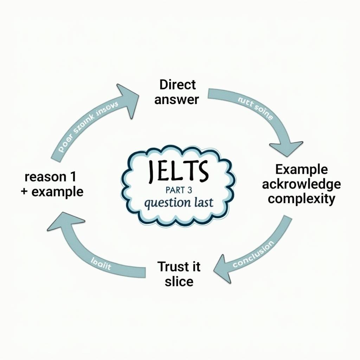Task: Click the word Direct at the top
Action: pyautogui.click(x=178, y=85)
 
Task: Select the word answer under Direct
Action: pyautogui.click(x=176, y=99)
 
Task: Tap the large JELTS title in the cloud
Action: pyautogui.click(x=178, y=171)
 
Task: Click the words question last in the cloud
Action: pyautogui.click(x=178, y=203)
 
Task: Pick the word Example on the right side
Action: pyautogui.click(x=301, y=169)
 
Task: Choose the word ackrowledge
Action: pyautogui.click(x=301, y=184)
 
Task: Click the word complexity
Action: pyautogui.click(x=301, y=199)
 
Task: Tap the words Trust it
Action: pyautogui.click(x=179, y=266)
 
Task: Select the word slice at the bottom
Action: pyautogui.click(x=179, y=281)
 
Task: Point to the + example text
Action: pyautogui.click(x=52, y=192)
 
